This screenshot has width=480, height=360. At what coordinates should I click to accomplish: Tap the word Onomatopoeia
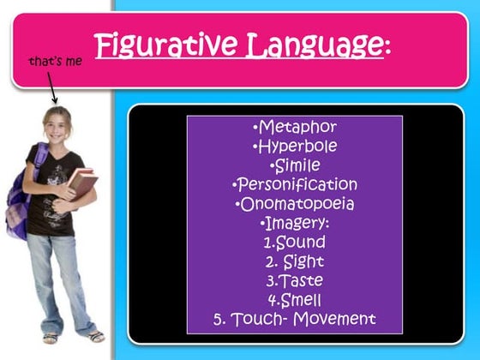tap(297, 204)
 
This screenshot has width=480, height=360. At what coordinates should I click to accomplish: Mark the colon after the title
tap(387, 47)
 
